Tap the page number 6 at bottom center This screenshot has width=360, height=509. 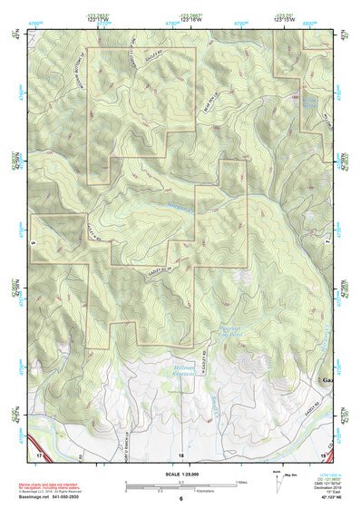coord(180,499)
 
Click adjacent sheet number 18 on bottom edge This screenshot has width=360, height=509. coord(180,453)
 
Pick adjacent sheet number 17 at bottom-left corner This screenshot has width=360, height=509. coord(38,452)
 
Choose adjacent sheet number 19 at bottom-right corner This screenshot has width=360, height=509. coord(323,452)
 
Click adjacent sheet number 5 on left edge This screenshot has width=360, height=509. coord(32,242)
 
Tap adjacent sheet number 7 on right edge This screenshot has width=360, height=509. coord(328,242)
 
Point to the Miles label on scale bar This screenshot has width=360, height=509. coord(239,482)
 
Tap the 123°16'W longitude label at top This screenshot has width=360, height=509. coord(190,20)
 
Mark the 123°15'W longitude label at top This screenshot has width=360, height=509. coord(283,20)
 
